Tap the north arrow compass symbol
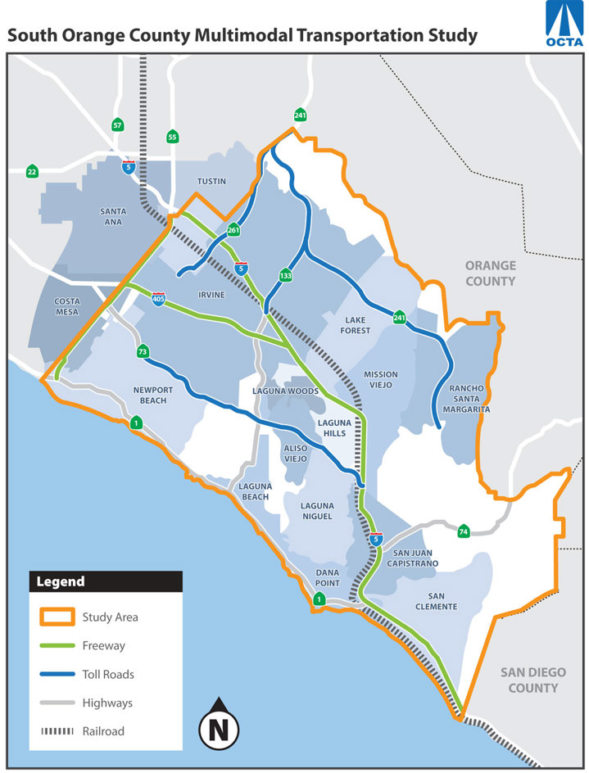[x=219, y=721]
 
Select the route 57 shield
[x=118, y=125]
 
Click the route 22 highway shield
[x=32, y=171]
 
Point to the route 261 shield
[x=233, y=230]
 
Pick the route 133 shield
[x=285, y=275]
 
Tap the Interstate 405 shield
[x=159, y=299]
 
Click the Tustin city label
[x=211, y=181]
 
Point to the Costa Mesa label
[x=67, y=306]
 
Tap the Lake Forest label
[x=357, y=325]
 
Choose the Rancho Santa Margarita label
[x=469, y=398]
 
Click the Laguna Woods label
[x=285, y=391]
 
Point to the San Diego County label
[x=532, y=680]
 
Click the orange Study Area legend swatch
[x=54, y=617]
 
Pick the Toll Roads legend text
[x=108, y=674]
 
